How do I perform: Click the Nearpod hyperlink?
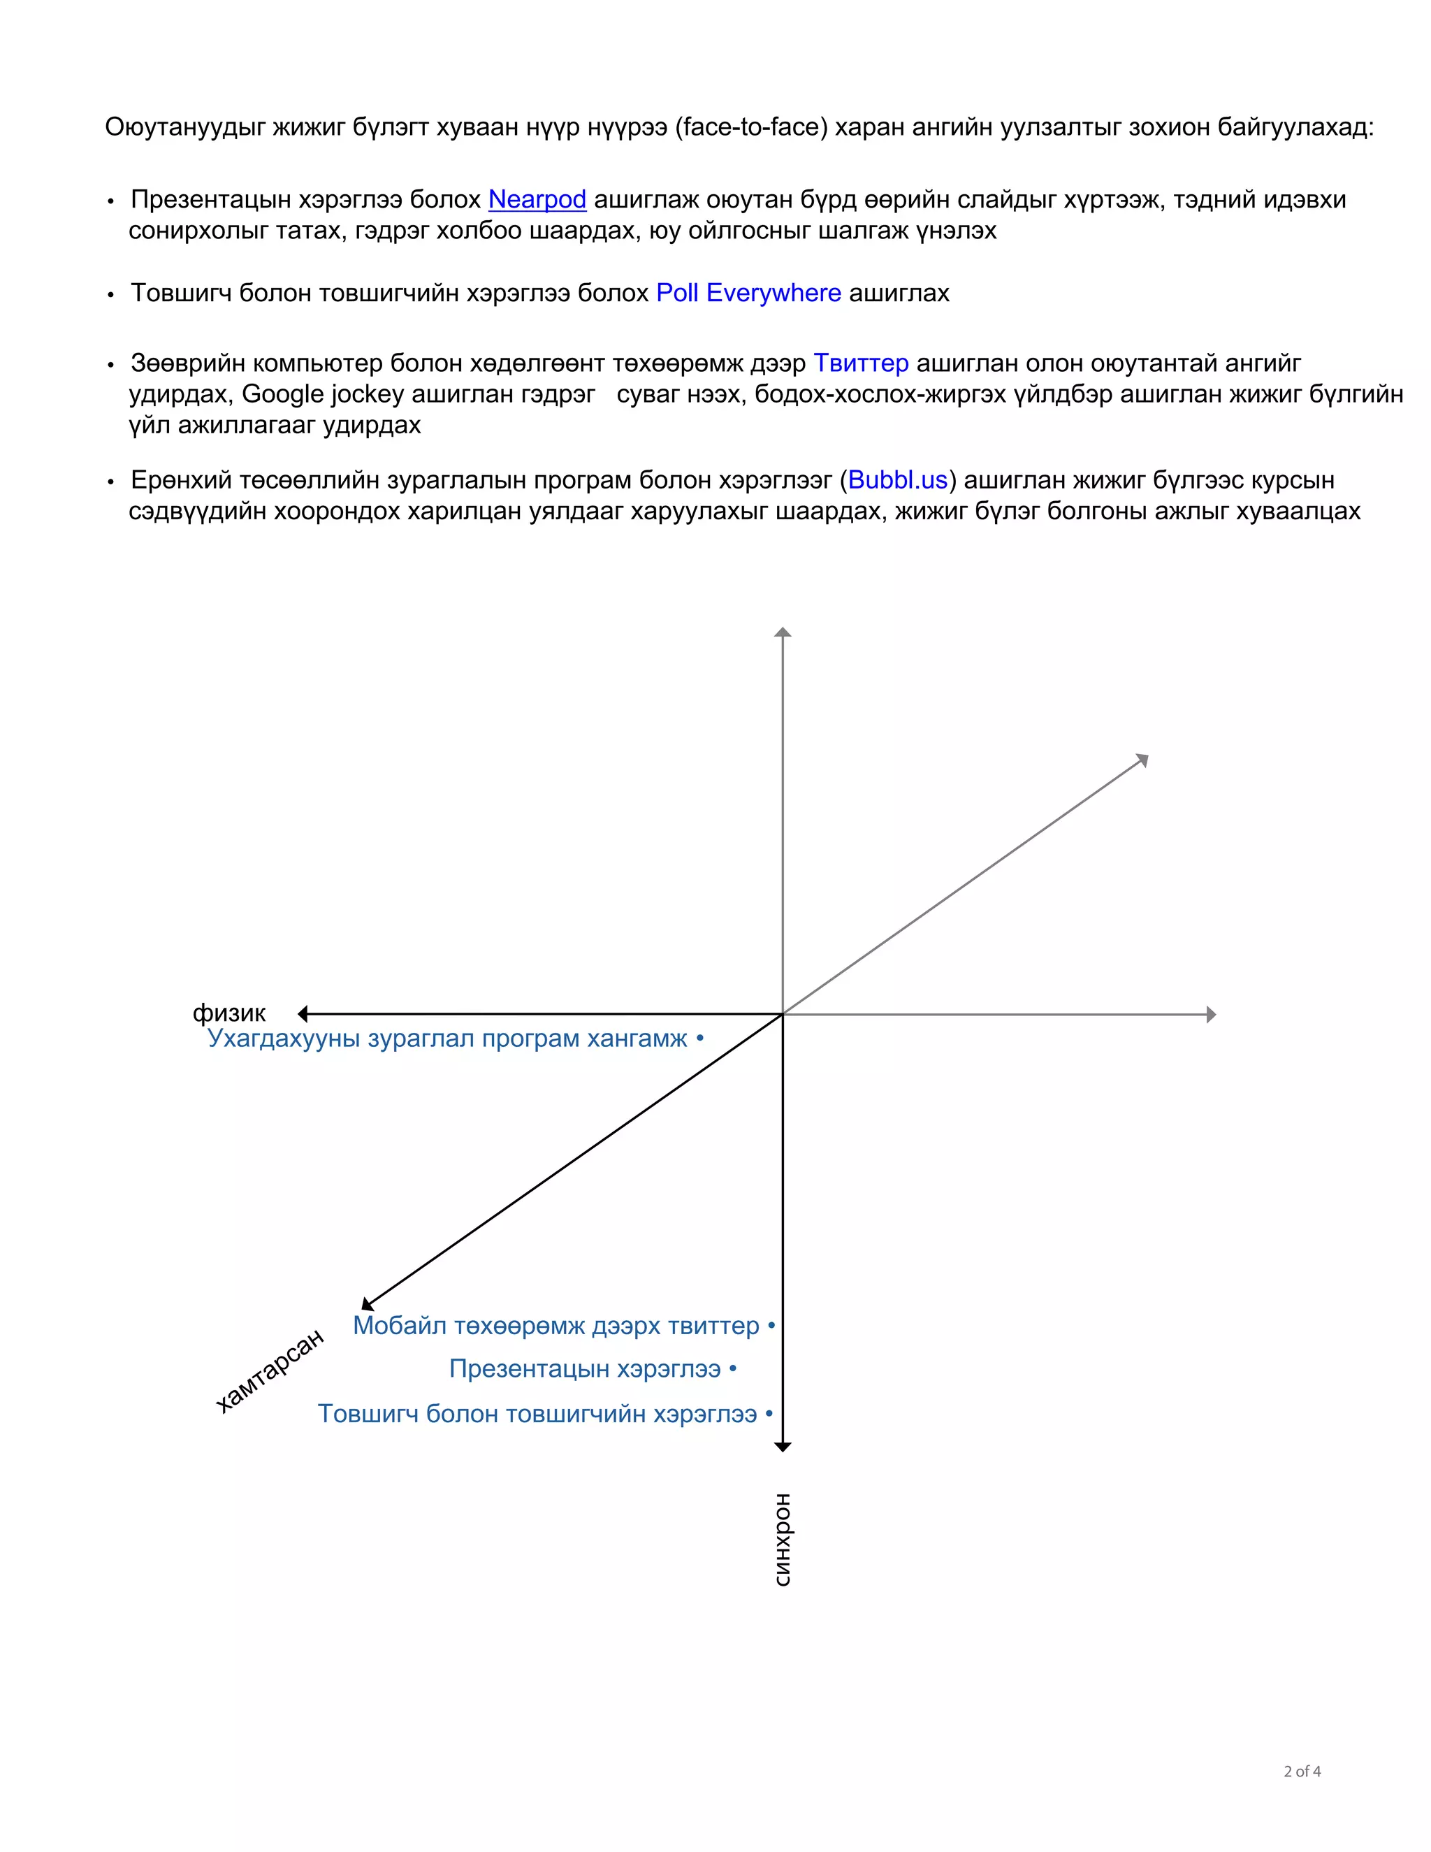click(x=537, y=199)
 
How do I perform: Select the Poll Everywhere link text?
click(x=748, y=293)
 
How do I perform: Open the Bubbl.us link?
click(x=897, y=480)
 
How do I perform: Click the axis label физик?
click(x=229, y=1013)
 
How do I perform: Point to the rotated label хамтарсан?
click(x=270, y=1370)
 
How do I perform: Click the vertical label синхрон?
click(x=783, y=1540)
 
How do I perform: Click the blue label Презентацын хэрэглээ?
click(x=584, y=1368)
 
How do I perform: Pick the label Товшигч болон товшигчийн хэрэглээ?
click(x=537, y=1414)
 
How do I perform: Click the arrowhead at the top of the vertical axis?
click(x=783, y=632)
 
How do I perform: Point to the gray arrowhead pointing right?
click(x=1212, y=1014)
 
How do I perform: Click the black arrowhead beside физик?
click(x=303, y=1013)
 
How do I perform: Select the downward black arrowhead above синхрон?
click(x=783, y=1447)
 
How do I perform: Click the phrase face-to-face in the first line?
click(x=751, y=127)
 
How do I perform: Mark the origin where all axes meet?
click(x=783, y=1014)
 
